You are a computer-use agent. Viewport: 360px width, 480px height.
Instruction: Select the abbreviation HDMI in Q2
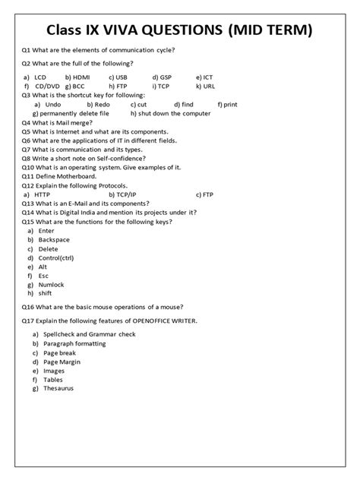81,77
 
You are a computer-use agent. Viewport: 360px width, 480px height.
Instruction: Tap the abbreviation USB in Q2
122,77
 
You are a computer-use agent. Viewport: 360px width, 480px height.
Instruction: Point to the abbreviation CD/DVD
46,86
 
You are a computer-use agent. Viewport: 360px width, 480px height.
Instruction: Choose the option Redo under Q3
91,104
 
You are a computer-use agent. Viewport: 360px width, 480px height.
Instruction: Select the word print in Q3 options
232,104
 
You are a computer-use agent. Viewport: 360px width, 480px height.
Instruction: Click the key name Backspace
55,239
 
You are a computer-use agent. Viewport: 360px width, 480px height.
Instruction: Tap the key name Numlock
53,285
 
